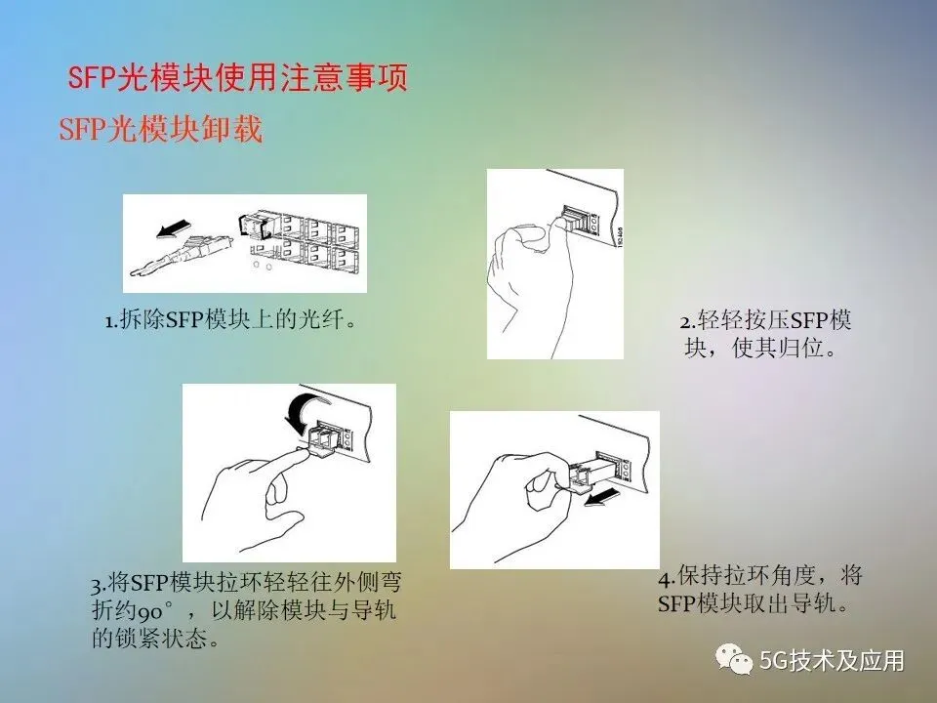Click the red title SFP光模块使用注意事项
(238, 77)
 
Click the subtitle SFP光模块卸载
(161, 129)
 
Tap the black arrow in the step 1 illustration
(174, 228)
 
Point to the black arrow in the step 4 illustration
(602, 496)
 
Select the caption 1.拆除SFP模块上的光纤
(231, 320)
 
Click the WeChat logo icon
(734, 659)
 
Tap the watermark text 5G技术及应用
(832, 661)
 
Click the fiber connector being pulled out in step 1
(183, 255)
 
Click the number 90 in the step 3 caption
(149, 612)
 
